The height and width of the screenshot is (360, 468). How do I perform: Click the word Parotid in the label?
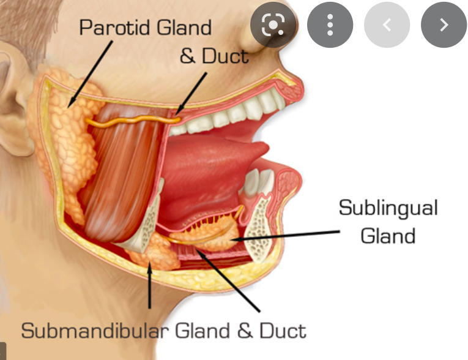(x=112, y=28)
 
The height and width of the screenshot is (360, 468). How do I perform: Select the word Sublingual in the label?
(x=388, y=208)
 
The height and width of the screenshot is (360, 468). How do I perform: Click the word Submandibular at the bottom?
(x=94, y=331)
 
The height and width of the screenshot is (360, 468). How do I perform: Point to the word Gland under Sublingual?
(x=388, y=236)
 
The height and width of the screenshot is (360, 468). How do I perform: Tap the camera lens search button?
(x=273, y=25)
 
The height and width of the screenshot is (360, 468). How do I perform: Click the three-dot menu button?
(x=330, y=25)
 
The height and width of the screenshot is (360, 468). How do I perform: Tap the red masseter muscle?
(x=122, y=178)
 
